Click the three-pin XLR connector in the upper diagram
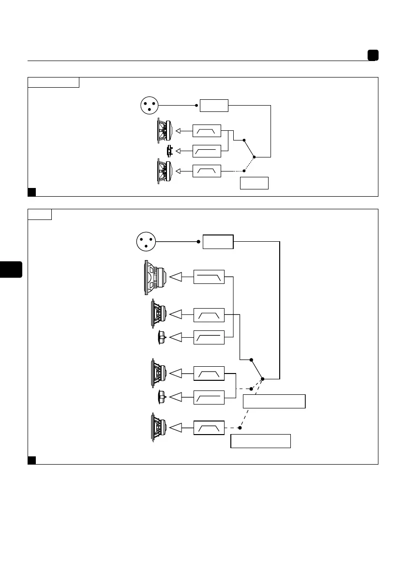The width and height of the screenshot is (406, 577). pos(149,105)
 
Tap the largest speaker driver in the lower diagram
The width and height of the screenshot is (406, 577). pos(155,277)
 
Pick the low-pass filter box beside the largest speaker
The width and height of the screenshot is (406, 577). pos(209,277)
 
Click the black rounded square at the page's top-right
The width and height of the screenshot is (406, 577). pos(373,55)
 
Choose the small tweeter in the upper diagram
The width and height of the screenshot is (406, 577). pos(169,151)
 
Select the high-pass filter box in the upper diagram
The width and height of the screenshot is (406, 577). pos(207,151)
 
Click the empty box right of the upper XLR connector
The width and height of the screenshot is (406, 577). pos(214,105)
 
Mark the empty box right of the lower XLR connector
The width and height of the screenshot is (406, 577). pos(218,241)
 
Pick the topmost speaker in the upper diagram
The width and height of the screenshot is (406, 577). pos(164,131)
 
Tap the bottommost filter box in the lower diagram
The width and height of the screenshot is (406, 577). pos(209,428)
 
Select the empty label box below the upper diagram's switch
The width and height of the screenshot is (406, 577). pos(254,183)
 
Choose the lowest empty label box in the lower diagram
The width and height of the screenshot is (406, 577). pos(260,441)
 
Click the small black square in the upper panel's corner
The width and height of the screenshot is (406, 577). pos(32,192)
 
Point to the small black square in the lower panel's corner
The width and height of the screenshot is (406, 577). pos(32,460)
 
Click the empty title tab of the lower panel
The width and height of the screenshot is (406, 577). pos(40,214)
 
